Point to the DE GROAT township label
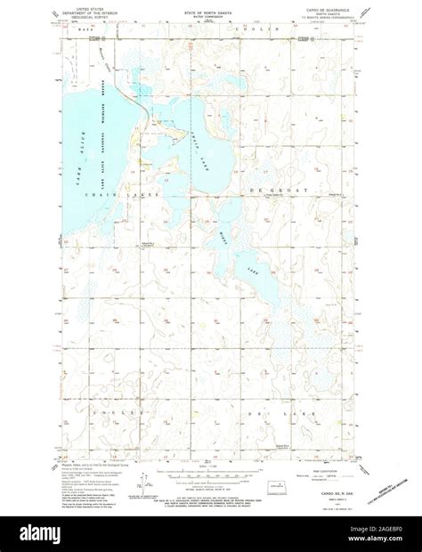(298, 190)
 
